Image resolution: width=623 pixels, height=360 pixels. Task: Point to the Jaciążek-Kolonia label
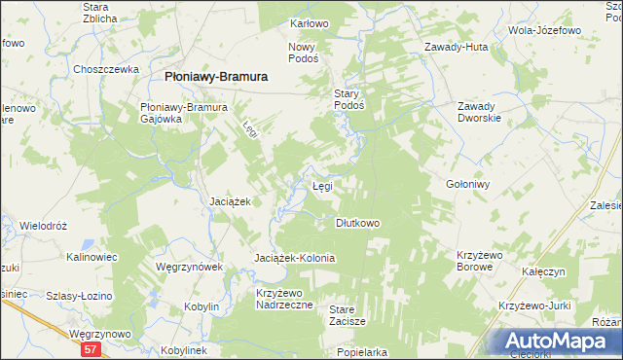[294, 258]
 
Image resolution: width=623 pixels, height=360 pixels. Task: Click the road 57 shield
[90, 349]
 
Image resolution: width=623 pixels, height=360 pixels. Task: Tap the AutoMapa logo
[558, 342]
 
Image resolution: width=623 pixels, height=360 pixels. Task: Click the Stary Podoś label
[348, 99]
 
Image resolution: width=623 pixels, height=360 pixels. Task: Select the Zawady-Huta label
[456, 46]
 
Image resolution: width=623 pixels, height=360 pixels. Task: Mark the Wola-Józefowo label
[544, 29]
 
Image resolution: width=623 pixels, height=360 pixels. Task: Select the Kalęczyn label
[543, 272]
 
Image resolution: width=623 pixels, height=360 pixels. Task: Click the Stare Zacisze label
[348, 314]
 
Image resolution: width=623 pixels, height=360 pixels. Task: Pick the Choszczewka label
[102, 69]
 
